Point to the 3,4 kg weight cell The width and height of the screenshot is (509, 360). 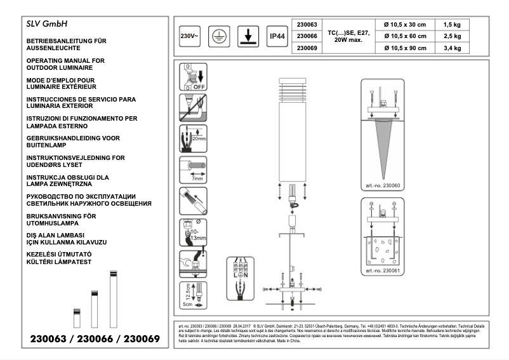point(453,48)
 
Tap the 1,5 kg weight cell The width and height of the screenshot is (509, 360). point(453,24)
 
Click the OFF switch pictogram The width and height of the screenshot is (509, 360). point(194,77)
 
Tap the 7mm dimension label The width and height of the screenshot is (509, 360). point(197,179)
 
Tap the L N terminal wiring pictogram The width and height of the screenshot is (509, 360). point(241,278)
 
